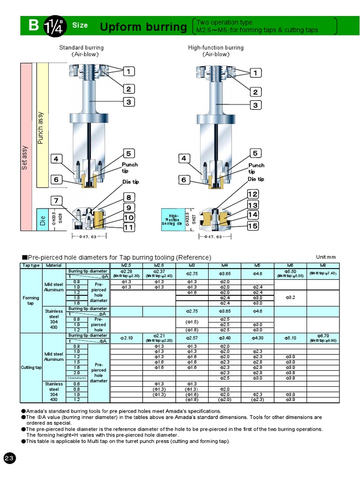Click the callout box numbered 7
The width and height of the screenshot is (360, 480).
pyautogui.click(x=56, y=201)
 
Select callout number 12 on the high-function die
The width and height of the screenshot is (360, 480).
pyautogui.click(x=253, y=194)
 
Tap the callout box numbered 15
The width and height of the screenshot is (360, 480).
pyautogui.click(x=253, y=226)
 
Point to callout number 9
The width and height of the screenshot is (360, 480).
pyautogui.click(x=129, y=208)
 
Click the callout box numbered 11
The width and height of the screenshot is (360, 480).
pyautogui.click(x=129, y=227)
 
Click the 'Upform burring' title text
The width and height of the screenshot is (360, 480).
pyautogui.click(x=143, y=27)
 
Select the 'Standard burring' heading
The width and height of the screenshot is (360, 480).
pyautogui.click(x=81, y=47)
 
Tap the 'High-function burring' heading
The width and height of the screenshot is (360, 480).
pyautogui.click(x=216, y=47)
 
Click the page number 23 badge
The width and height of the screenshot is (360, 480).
pyautogui.click(x=10, y=458)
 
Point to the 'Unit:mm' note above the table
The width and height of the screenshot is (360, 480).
pyautogui.click(x=326, y=257)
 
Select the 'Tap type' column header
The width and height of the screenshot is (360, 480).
pyautogui.click(x=31, y=265)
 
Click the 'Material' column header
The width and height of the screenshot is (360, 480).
pyautogui.click(x=54, y=265)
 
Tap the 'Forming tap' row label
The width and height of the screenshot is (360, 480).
pyautogui.click(x=31, y=300)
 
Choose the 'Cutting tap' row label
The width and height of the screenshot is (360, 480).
pyautogui.click(x=31, y=367)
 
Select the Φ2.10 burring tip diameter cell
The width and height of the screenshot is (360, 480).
pyautogui.click(x=127, y=338)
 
